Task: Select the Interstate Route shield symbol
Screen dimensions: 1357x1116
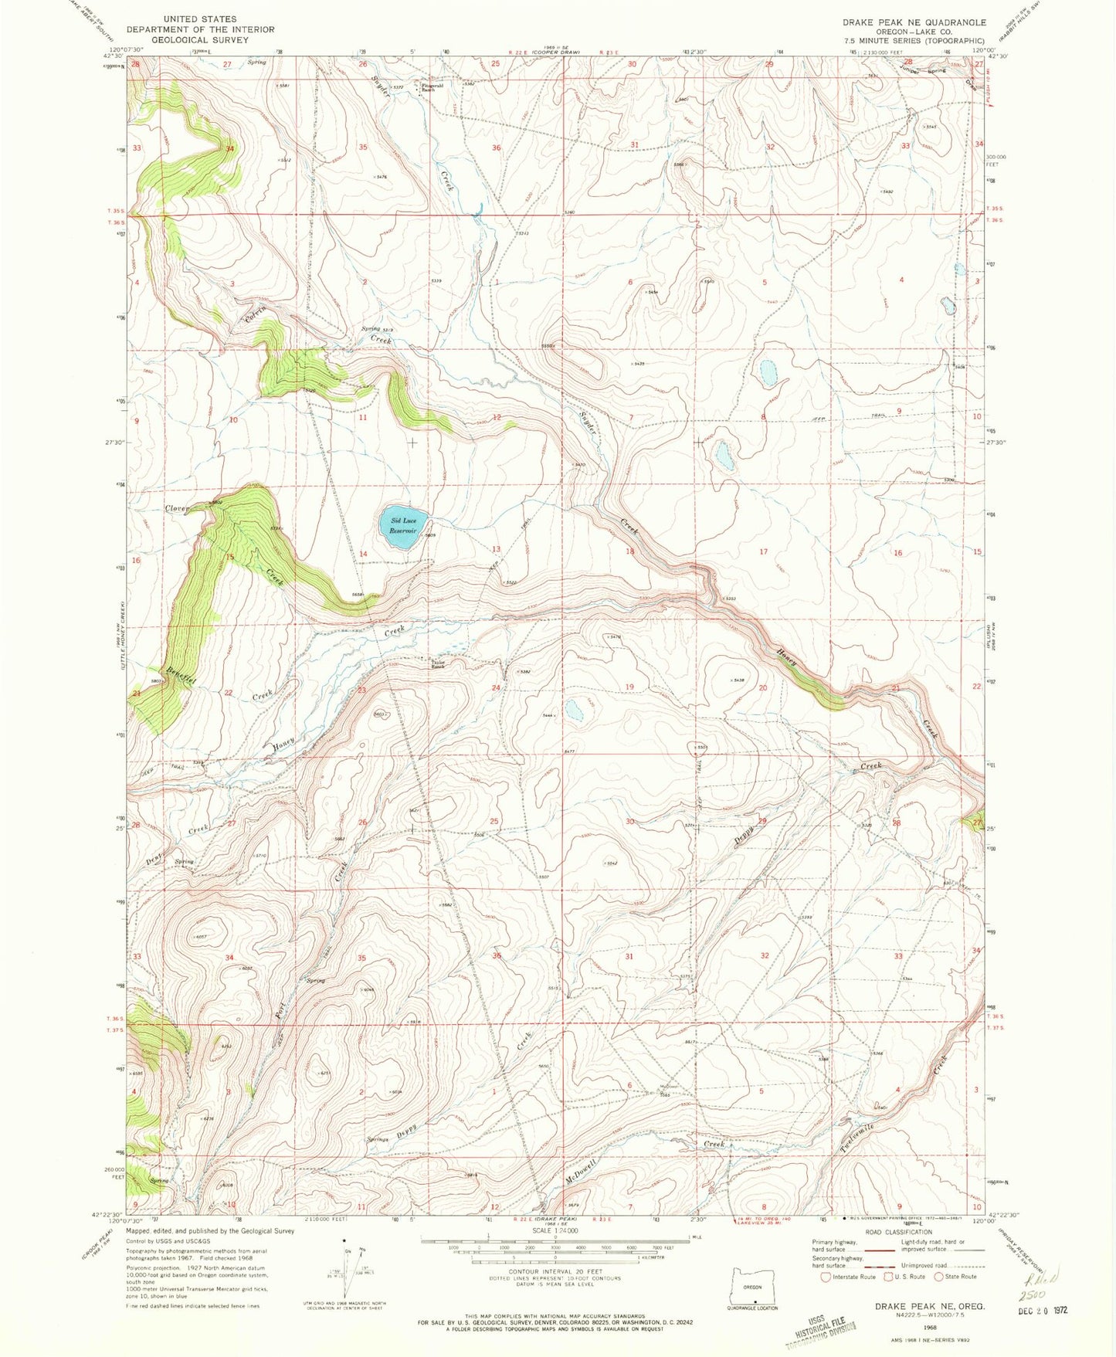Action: [x=826, y=1277]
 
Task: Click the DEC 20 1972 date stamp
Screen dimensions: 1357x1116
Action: [x=1042, y=1311]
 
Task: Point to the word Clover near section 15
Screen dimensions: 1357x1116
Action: [x=178, y=509]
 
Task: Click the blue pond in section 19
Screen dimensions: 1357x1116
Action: [x=575, y=711]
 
